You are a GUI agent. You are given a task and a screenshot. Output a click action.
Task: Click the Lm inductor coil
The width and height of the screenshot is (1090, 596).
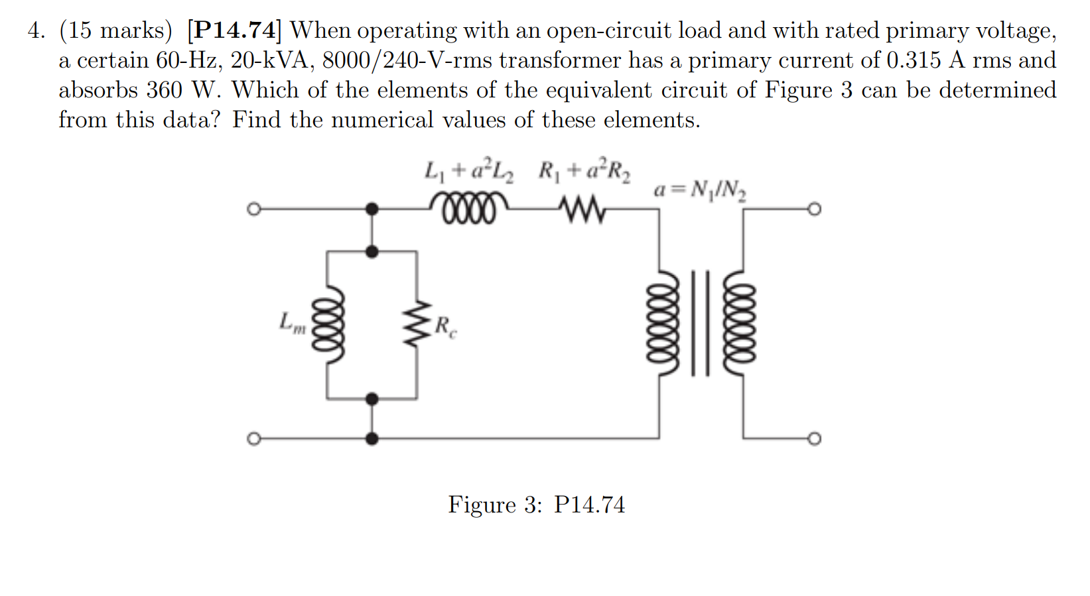pyautogui.click(x=333, y=325)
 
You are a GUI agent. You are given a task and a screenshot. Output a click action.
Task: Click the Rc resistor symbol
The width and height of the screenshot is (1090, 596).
pyautogui.click(x=417, y=325)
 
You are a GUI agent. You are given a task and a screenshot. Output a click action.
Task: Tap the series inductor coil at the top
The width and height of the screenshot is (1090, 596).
pyautogui.click(x=469, y=208)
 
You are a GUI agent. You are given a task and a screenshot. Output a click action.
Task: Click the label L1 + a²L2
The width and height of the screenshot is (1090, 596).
pyautogui.click(x=469, y=172)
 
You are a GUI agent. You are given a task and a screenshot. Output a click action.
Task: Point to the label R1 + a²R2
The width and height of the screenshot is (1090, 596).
pyautogui.click(x=584, y=172)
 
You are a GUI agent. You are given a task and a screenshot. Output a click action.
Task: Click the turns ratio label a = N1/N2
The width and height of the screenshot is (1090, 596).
pyautogui.click(x=699, y=190)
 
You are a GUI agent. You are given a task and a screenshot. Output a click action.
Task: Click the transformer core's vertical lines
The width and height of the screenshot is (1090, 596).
pyautogui.click(x=701, y=323)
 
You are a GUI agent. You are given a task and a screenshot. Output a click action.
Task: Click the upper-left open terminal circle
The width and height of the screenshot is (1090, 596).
pyautogui.click(x=252, y=209)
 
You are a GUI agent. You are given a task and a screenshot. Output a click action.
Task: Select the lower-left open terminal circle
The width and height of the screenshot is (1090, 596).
pyautogui.click(x=252, y=439)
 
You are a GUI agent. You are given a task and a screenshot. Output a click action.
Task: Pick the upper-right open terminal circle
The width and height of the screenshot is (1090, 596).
pyautogui.click(x=815, y=209)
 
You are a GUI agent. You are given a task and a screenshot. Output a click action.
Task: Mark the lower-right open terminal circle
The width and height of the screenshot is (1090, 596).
pyautogui.click(x=815, y=439)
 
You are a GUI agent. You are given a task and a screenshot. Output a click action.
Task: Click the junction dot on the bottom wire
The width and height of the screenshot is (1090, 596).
pyautogui.click(x=372, y=439)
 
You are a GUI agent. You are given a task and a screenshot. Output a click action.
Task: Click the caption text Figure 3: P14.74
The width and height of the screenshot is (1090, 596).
pyautogui.click(x=536, y=505)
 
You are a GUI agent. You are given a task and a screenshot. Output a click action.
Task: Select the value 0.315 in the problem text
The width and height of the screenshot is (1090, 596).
pyautogui.click(x=913, y=60)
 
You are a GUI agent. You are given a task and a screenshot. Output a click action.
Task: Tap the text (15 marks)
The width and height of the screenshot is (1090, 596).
pyautogui.click(x=115, y=30)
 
